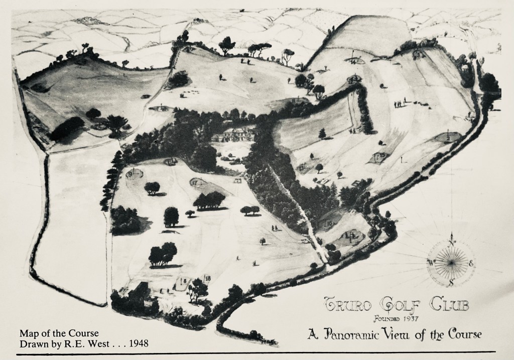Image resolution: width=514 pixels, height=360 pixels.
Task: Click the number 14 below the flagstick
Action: [x=355, y=61]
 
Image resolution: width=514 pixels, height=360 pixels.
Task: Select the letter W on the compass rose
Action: [x=431, y=263]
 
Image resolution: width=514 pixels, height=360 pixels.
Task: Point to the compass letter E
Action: [x=470, y=264]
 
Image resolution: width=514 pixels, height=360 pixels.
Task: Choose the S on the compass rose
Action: [x=452, y=282]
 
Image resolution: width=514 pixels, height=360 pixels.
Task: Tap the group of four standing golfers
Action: [x=399, y=104]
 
